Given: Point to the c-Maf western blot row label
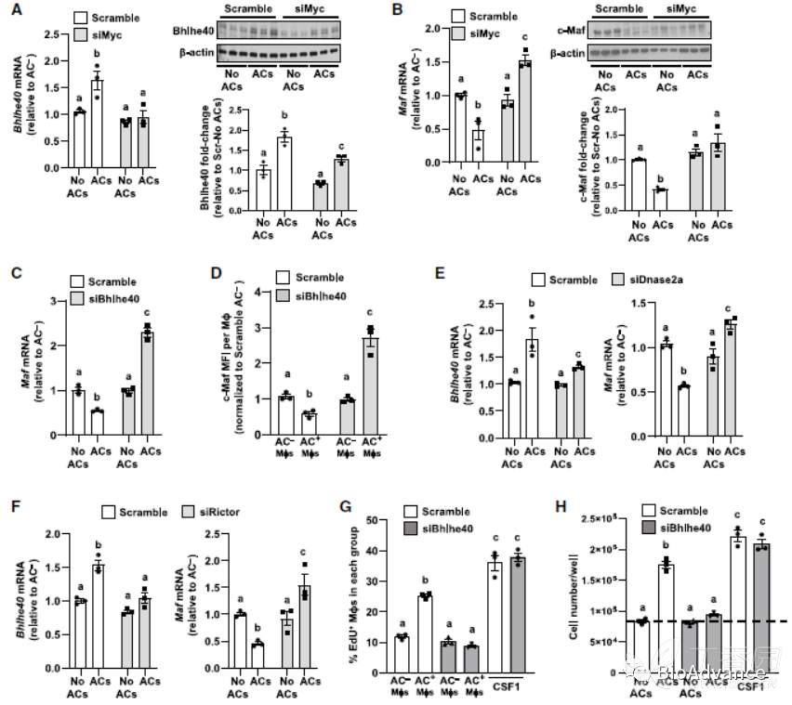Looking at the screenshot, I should pyautogui.click(x=570, y=31).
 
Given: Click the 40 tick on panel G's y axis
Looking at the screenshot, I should pyautogui.click(x=387, y=553).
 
